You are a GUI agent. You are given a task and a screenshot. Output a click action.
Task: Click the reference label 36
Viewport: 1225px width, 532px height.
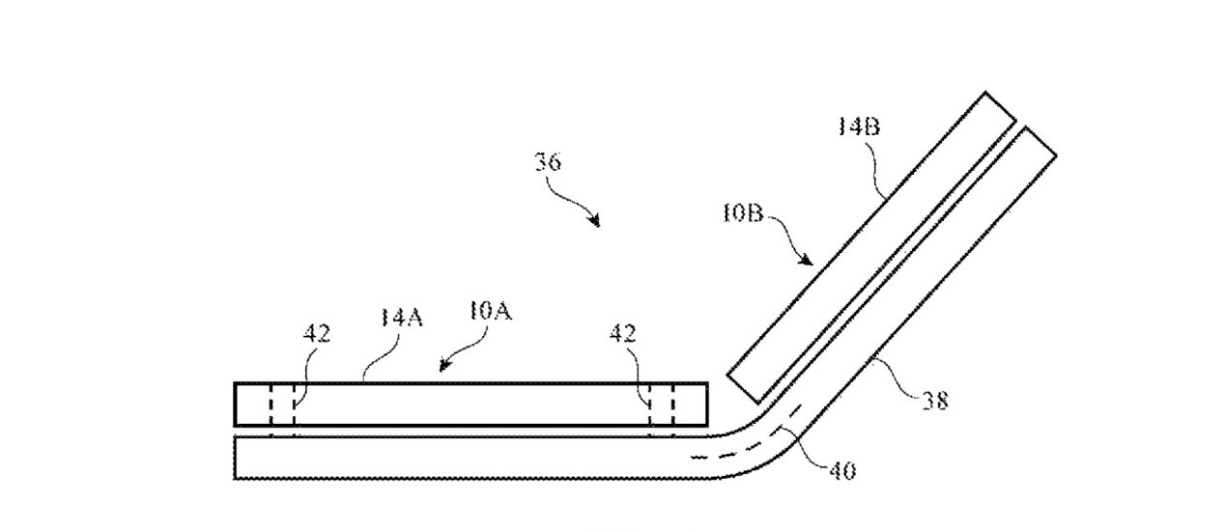[x=548, y=162]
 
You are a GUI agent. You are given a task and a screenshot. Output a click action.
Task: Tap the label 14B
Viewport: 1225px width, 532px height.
[x=859, y=126]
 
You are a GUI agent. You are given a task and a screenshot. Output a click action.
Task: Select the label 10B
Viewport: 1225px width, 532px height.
[x=743, y=213]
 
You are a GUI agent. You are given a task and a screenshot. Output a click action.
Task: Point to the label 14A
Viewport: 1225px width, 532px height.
[x=402, y=317]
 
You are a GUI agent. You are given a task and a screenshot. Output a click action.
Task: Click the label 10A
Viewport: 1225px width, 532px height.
[x=491, y=311]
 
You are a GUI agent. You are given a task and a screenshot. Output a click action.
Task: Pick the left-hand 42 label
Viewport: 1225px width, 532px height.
[x=317, y=333]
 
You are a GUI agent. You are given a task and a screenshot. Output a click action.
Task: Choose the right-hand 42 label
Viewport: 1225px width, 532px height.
[x=623, y=333]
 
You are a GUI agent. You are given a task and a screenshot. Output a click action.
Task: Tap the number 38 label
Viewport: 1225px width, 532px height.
[x=935, y=401]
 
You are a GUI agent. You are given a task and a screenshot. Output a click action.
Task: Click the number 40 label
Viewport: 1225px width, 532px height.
[x=842, y=471]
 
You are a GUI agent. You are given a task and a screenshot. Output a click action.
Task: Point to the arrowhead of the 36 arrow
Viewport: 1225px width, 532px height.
[x=595, y=221]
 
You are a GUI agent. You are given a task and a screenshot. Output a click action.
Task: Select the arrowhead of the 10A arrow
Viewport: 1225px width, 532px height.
[x=445, y=365]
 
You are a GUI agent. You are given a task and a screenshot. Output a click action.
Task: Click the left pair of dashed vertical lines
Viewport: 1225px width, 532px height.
[x=282, y=410]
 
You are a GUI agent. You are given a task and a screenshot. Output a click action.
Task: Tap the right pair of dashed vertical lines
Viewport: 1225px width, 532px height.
[x=662, y=410]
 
